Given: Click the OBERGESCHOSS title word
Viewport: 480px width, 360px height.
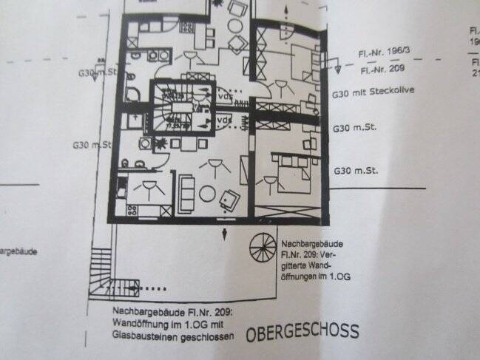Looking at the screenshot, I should click(303, 330).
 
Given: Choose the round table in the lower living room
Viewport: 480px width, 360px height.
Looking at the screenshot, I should click(207, 194).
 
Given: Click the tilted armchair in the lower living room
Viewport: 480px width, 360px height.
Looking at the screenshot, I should click(231, 198).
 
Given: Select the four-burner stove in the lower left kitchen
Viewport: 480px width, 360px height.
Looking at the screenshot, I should click(134, 211).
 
